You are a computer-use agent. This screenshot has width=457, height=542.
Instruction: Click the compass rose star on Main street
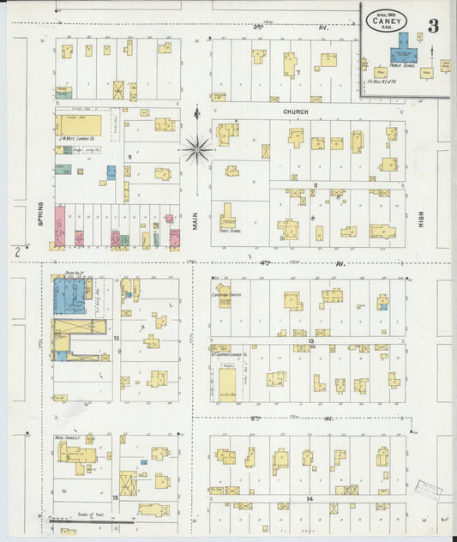click(x=196, y=149)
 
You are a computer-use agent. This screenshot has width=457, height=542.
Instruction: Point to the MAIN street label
click(x=195, y=220)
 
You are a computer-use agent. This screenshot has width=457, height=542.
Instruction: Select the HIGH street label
click(x=421, y=220)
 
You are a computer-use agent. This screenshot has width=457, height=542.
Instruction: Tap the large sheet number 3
click(x=433, y=26)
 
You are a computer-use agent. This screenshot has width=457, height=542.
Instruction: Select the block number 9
click(x=129, y=157)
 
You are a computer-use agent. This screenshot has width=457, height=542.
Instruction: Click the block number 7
click(x=298, y=72)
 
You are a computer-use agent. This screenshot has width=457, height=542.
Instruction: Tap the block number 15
click(x=115, y=497)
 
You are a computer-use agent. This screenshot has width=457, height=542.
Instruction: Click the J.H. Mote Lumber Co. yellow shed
click(x=79, y=127)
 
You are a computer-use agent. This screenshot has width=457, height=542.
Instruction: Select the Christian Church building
click(x=223, y=292)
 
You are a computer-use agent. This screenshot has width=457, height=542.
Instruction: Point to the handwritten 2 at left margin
click(x=17, y=251)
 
